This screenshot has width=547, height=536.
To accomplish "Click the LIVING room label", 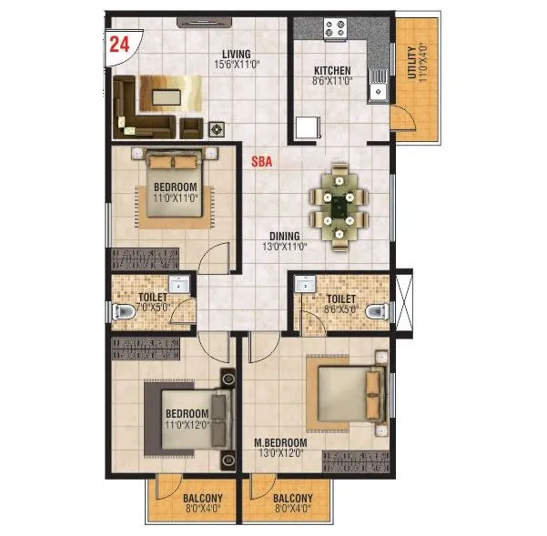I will click(x=236, y=53).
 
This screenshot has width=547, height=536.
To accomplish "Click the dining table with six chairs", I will click(x=340, y=207).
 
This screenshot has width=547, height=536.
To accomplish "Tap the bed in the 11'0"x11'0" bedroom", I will click(x=174, y=187).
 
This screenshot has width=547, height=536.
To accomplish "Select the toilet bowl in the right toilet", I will click(x=373, y=311).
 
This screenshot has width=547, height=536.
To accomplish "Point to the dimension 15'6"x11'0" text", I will click(x=236, y=64).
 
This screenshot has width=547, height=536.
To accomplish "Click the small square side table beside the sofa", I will click(x=217, y=129).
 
